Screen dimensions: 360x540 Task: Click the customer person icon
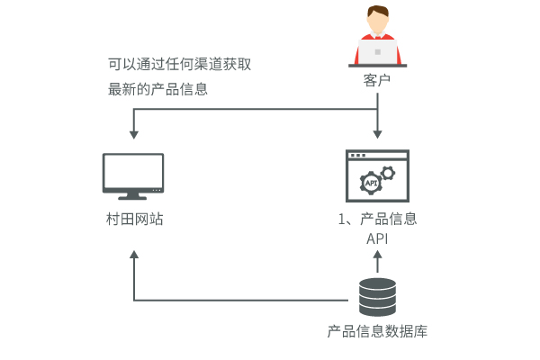pyautogui.click(x=377, y=36)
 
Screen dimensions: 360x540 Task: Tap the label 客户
pyautogui.click(x=377, y=81)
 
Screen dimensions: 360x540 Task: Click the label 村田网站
pyautogui.click(x=133, y=220)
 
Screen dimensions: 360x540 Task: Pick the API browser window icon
pyautogui.click(x=377, y=176)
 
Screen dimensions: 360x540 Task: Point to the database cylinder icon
pyautogui.click(x=377, y=296)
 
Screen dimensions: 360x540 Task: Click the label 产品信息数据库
pyautogui.click(x=377, y=330)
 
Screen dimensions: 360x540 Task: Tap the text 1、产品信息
pyautogui.click(x=377, y=220)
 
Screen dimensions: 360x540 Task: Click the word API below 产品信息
pyautogui.click(x=377, y=239)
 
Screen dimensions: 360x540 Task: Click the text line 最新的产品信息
pyautogui.click(x=157, y=89)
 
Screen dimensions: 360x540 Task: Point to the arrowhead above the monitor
pyautogui.click(x=133, y=134)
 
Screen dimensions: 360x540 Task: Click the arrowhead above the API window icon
pyautogui.click(x=377, y=134)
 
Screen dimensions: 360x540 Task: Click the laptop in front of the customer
pyautogui.click(x=377, y=51)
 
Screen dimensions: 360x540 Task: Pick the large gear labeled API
pyautogui.click(x=371, y=183)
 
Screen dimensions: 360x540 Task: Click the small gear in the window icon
pyautogui.click(x=388, y=171)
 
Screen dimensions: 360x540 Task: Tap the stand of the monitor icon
pyautogui.click(x=133, y=195)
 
